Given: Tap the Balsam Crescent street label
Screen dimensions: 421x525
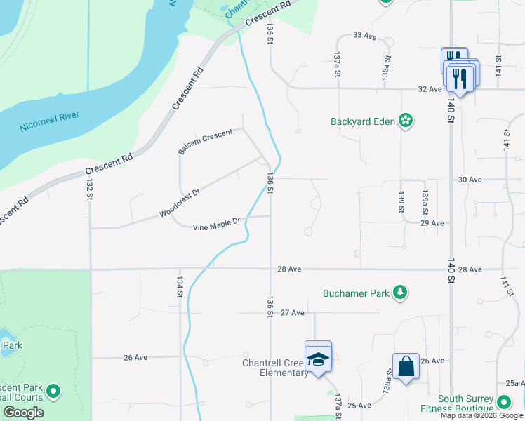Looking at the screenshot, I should click(x=205, y=141).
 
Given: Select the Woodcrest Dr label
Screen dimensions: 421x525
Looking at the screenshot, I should click(x=180, y=202).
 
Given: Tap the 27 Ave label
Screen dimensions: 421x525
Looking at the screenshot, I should click(x=293, y=312).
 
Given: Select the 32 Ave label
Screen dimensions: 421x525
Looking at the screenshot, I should click(x=430, y=89).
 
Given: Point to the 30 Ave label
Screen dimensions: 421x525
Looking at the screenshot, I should click(x=470, y=180).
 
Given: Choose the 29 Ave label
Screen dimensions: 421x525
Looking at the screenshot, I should click(x=432, y=223).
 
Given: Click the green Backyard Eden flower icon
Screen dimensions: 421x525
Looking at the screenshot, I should click(x=405, y=121).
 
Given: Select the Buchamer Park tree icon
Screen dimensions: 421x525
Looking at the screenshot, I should click(x=400, y=293).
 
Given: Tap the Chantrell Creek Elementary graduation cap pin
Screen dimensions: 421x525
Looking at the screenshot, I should click(x=318, y=359).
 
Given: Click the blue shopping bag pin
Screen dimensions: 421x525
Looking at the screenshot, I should click(x=406, y=366).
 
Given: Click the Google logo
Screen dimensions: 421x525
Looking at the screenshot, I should click(x=23, y=413).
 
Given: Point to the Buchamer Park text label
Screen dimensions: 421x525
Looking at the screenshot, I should click(x=356, y=293).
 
